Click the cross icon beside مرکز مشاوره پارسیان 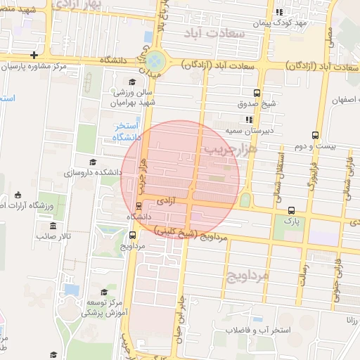click(34, 55)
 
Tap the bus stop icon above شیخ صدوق click(257, 92)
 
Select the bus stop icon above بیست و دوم click(315, 135)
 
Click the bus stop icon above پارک click(291, 210)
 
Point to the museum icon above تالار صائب click(53, 226)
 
